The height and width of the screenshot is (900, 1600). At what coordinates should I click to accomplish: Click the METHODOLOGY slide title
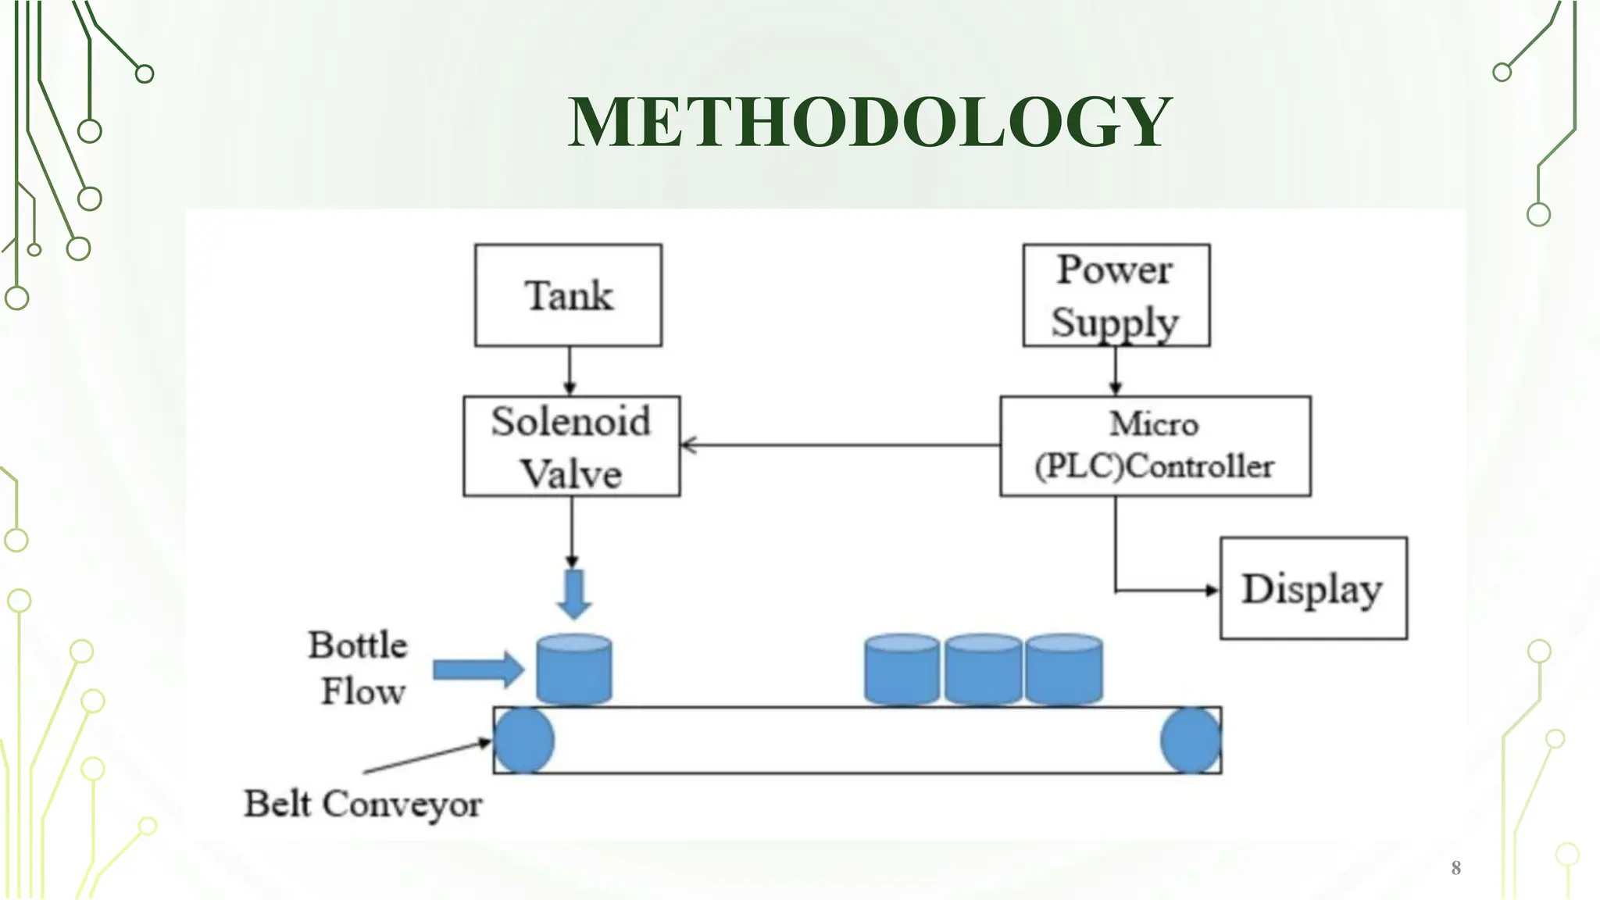click(869, 122)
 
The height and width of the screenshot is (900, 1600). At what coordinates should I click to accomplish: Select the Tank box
click(568, 295)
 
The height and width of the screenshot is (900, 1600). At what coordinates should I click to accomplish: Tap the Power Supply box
click(1116, 295)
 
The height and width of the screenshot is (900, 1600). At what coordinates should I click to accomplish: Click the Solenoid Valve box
click(571, 446)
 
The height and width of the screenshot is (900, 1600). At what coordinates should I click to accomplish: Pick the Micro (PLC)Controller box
click(1155, 446)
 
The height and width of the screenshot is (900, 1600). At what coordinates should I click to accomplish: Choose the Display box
click(1312, 588)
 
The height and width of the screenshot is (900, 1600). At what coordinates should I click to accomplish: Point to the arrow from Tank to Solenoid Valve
click(570, 371)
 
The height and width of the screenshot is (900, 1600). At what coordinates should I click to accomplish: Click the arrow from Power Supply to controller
click(1116, 371)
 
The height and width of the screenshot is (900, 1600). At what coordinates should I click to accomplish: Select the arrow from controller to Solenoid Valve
click(840, 445)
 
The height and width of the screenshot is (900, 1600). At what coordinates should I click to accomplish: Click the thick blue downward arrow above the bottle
click(574, 594)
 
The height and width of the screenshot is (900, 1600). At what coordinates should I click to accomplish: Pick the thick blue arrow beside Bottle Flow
click(477, 670)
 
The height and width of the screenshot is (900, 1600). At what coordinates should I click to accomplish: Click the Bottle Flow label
click(359, 668)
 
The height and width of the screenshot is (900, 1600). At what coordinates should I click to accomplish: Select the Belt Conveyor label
click(362, 804)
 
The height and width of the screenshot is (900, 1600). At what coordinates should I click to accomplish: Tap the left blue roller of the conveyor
click(523, 741)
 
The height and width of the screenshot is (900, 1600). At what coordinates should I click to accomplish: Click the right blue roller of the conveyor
click(1191, 741)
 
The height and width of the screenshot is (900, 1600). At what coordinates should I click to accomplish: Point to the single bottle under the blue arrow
click(574, 670)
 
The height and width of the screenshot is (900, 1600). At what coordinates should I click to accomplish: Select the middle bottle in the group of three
click(983, 670)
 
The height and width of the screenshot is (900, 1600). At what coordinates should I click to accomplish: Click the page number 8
click(1455, 867)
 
